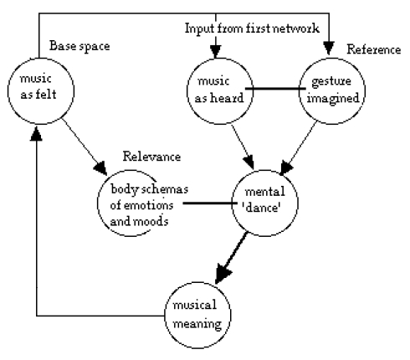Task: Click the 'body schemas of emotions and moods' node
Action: click(98, 203)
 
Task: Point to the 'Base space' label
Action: click(79, 46)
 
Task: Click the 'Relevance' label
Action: click(151, 157)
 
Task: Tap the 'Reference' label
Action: click(374, 49)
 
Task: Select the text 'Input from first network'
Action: click(252, 28)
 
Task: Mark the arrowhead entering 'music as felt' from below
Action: click(36, 133)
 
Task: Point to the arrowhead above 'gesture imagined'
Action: click(329, 48)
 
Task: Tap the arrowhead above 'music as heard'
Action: click(216, 51)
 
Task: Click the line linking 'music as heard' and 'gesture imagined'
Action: click(275, 89)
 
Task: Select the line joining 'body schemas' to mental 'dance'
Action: click(210, 203)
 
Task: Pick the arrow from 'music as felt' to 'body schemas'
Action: click(85, 147)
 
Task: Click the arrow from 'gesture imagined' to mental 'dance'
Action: click(299, 148)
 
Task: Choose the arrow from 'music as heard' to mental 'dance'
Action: click(243, 147)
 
